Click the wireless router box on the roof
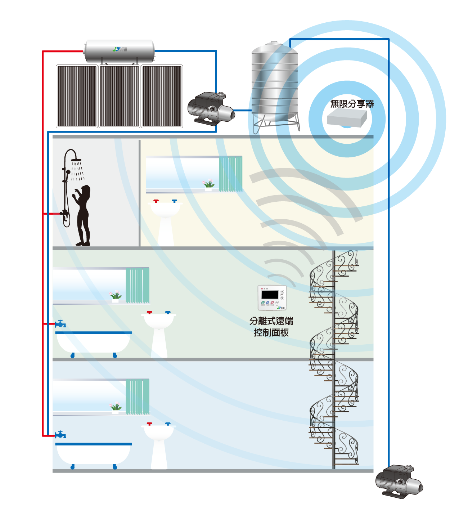pyautogui.click(x=347, y=118)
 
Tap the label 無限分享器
pyautogui.click(x=352, y=104)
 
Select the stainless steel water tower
pyautogui.click(x=274, y=83)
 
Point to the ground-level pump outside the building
pyautogui.click(x=399, y=481)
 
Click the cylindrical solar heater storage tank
pyautogui.click(x=119, y=51)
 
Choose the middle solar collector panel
pyautogui.click(x=120, y=96)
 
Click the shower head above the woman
pyautogui.click(x=76, y=160)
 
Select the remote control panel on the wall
pyautogui.click(x=272, y=298)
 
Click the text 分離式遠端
pyautogui.click(x=271, y=321)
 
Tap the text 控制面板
pyautogui.click(x=271, y=332)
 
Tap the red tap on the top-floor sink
pyautogui.click(x=156, y=201)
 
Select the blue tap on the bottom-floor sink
pyautogui.click(x=168, y=424)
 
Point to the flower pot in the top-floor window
pyautogui.click(x=208, y=185)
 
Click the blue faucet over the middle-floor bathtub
pyautogui.click(x=60, y=324)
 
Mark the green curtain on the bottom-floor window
pyautogui.click(x=138, y=396)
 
